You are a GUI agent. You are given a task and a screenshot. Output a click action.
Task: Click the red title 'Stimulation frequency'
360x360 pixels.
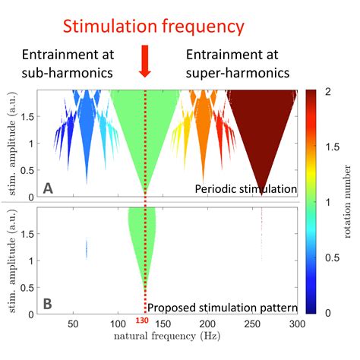[153, 27]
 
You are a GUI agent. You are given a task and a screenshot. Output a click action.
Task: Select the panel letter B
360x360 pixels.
[47, 304]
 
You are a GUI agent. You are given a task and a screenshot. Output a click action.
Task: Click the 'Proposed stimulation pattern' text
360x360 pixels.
[221, 308]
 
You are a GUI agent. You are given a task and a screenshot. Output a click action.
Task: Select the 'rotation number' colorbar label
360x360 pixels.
[346, 201]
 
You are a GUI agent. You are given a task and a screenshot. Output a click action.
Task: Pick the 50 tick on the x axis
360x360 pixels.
[73, 322]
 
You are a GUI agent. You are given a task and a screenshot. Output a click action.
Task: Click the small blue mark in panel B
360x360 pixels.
[87, 248]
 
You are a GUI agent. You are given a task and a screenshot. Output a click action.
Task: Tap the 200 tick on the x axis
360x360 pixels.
[207, 322]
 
